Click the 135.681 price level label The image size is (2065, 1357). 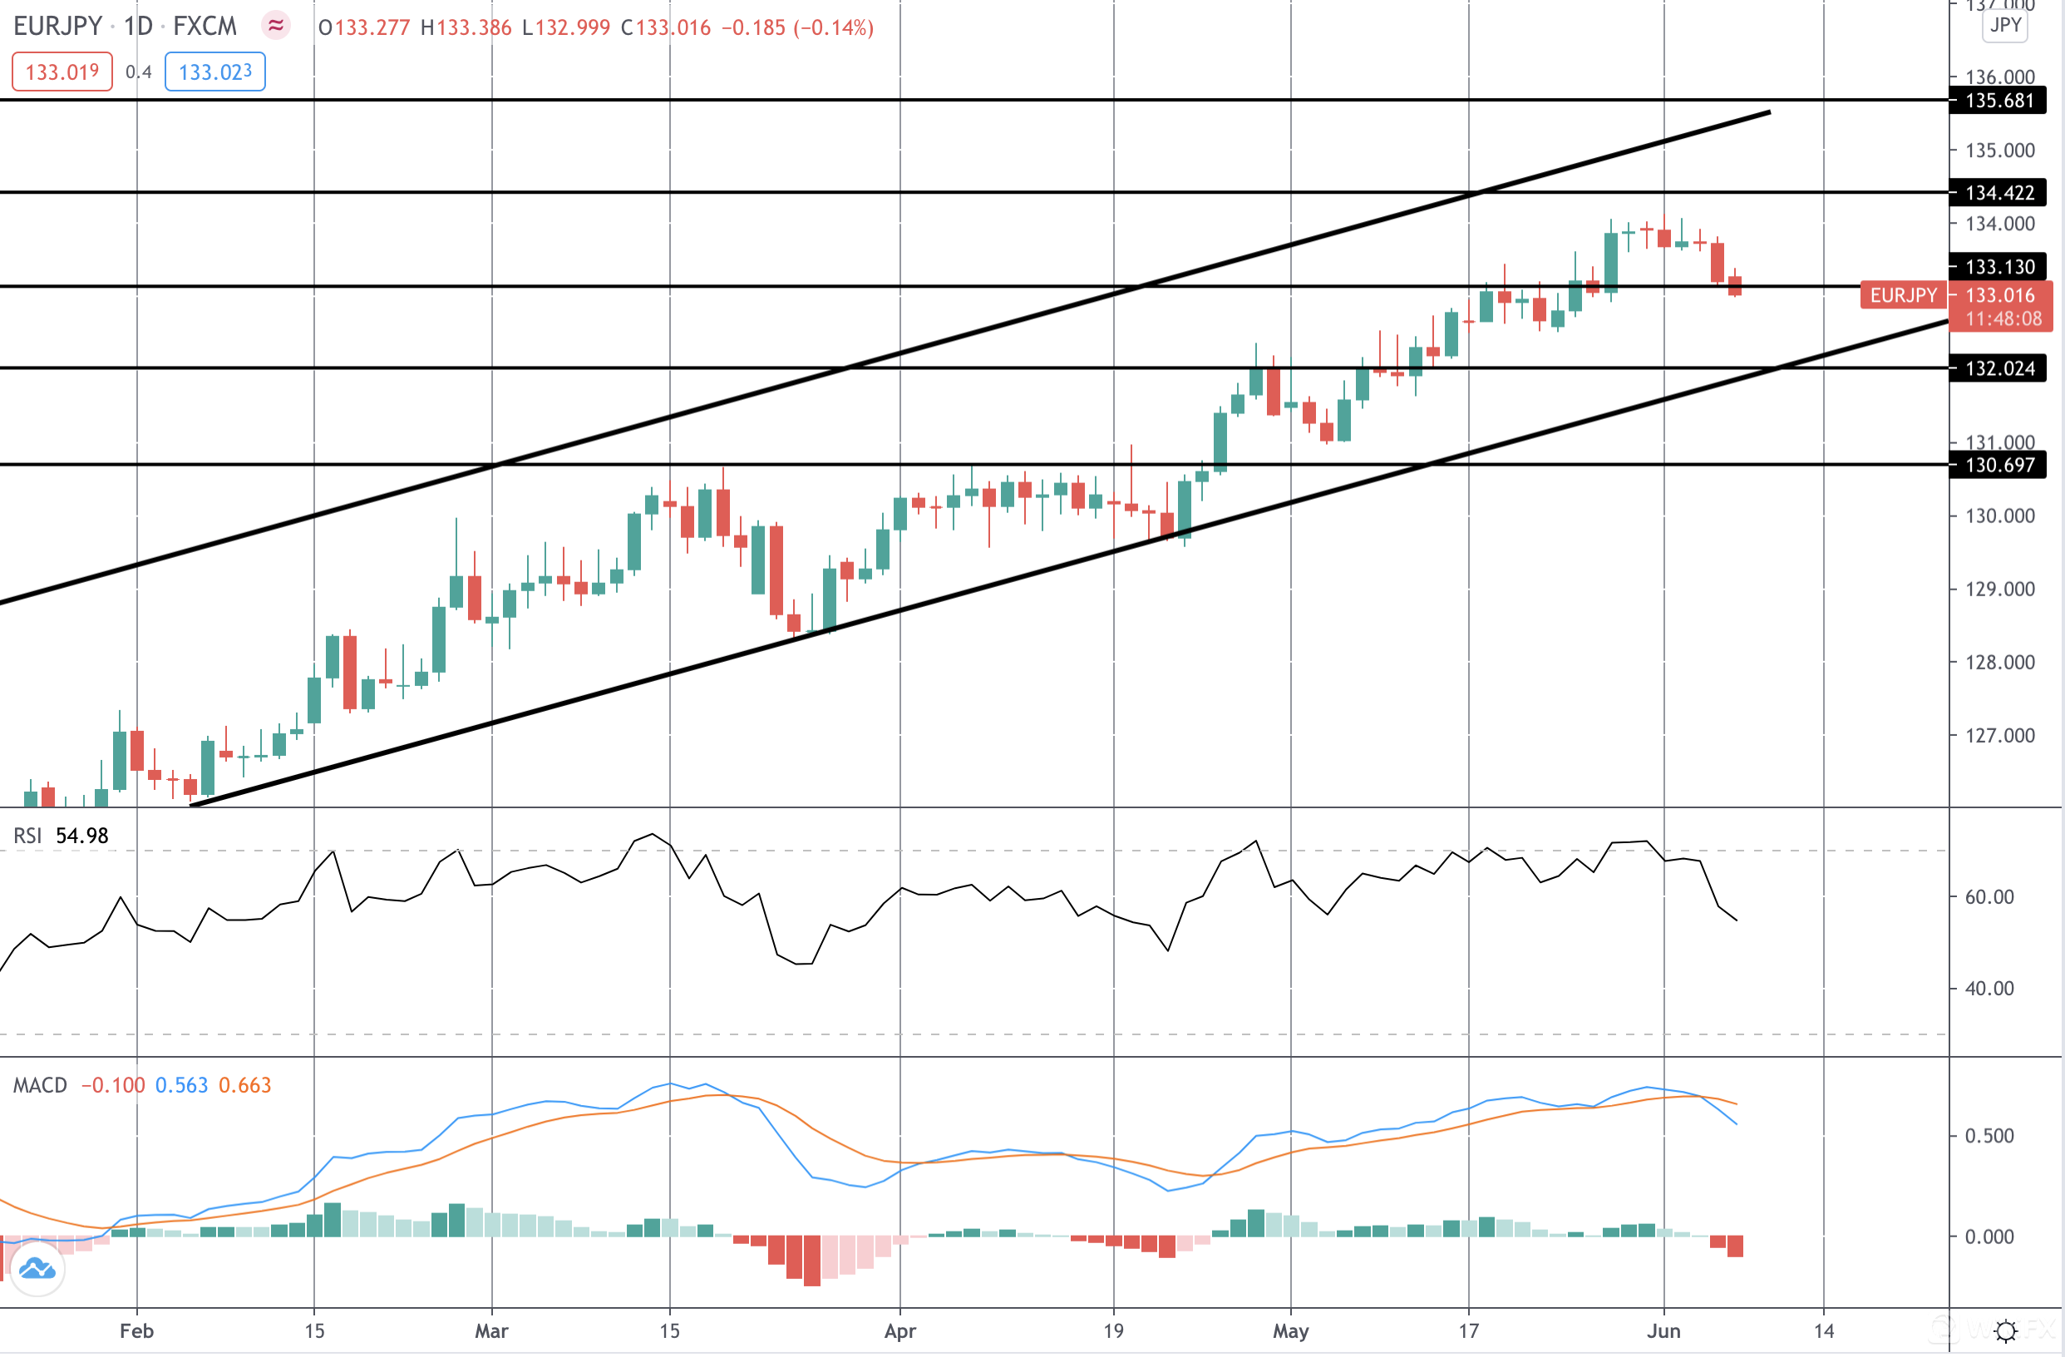point(1998,101)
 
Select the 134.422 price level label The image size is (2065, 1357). point(1998,193)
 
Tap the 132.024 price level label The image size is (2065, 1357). point(1998,368)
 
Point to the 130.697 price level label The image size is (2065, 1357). point(1998,465)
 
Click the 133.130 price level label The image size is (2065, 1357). point(1998,266)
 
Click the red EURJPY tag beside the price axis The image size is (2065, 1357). point(1902,295)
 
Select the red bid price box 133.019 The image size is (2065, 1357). point(62,72)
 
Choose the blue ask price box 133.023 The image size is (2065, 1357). point(214,72)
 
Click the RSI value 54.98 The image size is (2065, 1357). point(81,836)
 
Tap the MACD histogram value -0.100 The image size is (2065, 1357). point(113,1086)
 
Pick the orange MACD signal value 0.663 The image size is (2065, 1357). point(244,1086)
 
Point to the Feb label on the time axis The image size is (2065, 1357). point(136,1332)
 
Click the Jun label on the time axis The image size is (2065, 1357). point(1663,1332)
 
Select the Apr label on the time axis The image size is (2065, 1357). point(899,1332)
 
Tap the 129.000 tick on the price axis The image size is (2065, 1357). point(1999,590)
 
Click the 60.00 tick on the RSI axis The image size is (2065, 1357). point(1989,897)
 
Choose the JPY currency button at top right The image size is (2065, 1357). point(2005,25)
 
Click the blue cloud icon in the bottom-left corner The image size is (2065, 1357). point(37,1271)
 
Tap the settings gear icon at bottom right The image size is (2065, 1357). point(2006,1331)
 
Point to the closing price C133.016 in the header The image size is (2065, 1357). point(666,27)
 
